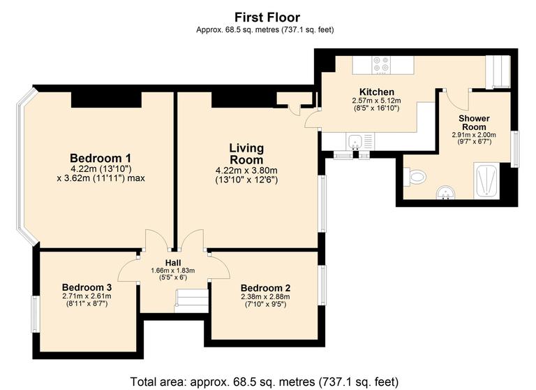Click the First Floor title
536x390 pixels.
click(267, 17)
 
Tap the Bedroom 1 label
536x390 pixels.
click(100, 157)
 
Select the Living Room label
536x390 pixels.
click(246, 154)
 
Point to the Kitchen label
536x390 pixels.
click(376, 92)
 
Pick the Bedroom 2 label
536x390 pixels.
click(265, 288)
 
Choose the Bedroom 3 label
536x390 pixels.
click(87, 287)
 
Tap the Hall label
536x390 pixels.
click(172, 262)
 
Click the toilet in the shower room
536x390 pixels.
click(417, 178)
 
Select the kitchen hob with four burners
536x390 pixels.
click(381, 64)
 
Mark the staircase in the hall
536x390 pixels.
click(192, 301)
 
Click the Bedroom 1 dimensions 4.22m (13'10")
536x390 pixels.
click(100, 168)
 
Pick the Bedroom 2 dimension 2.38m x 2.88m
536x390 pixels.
click(265, 297)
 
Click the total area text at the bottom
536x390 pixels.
click(267, 382)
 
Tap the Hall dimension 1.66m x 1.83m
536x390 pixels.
click(172, 270)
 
